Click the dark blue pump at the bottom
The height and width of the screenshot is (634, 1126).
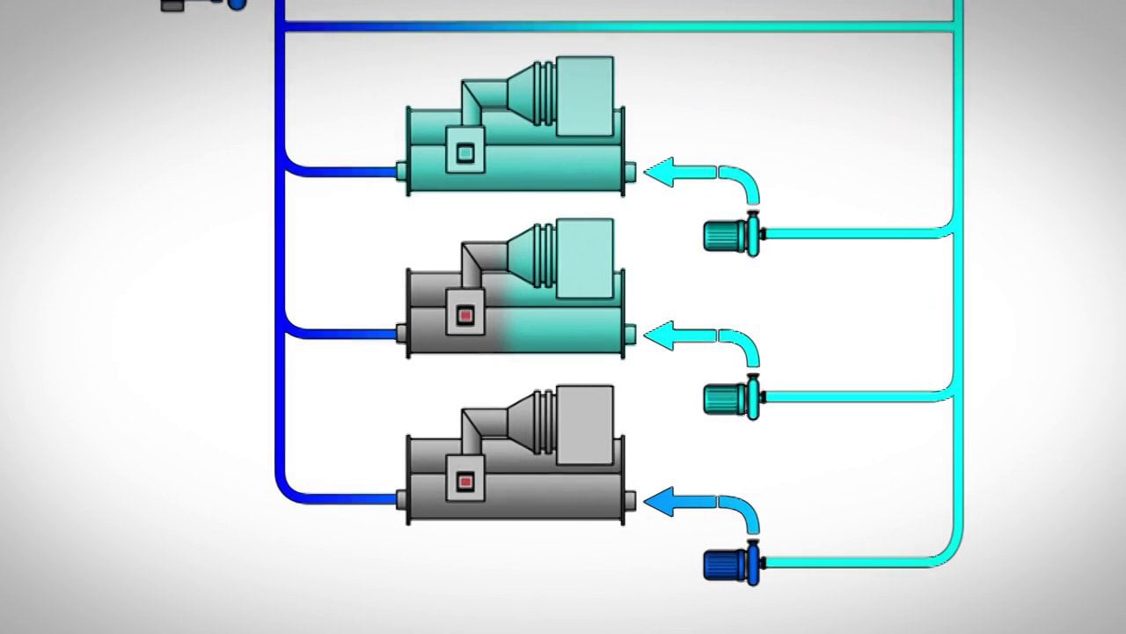[x=728, y=564]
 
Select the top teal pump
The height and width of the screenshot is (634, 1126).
[x=728, y=235]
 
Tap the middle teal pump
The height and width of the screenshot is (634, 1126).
[x=728, y=398]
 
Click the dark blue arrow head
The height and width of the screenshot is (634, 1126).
[x=660, y=501]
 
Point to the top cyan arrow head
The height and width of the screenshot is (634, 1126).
[x=660, y=172]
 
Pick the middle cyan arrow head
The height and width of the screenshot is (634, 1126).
[x=660, y=335]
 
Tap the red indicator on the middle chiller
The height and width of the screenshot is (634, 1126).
[x=465, y=315]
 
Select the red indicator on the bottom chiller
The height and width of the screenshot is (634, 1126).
[x=465, y=481]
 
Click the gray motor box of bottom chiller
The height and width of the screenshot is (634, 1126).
[x=585, y=424]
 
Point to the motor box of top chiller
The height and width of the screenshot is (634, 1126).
[x=585, y=96]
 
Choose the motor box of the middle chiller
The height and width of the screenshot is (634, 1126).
[x=585, y=259]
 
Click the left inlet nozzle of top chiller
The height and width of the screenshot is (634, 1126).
[x=401, y=171]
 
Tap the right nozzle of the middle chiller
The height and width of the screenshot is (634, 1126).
[x=630, y=334]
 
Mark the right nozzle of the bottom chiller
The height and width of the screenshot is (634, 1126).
[x=630, y=500]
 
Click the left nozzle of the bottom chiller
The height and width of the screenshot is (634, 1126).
[x=401, y=499]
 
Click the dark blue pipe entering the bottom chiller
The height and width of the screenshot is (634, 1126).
[x=343, y=499]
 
